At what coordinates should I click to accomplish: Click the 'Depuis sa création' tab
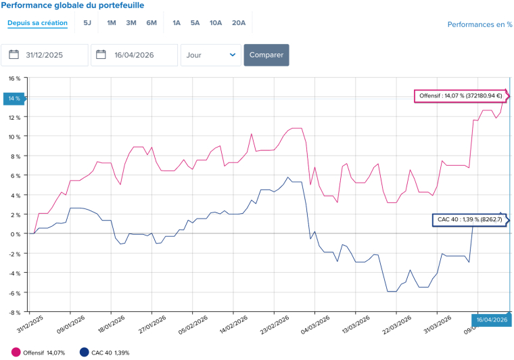37,23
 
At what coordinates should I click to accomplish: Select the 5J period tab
87,23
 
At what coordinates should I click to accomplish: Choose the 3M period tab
131,23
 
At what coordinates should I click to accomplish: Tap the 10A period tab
216,23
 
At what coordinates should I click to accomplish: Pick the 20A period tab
239,23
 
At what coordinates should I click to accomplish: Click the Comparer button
266,55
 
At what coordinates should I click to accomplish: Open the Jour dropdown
211,55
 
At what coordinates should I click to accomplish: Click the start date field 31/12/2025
45,55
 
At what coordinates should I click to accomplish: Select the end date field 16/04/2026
134,55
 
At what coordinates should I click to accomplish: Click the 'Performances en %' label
480,25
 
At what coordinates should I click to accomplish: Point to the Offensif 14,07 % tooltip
461,96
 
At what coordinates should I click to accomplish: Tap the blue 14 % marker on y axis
14,99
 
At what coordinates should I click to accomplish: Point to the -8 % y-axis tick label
14,313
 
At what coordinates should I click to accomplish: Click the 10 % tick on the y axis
14,137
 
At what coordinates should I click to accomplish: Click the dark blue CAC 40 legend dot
84,353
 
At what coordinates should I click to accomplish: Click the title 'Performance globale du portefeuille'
72,5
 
